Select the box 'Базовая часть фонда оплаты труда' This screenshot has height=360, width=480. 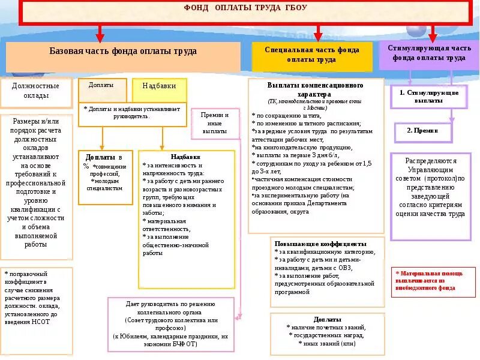(123, 52)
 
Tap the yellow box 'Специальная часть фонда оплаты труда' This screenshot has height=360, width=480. (311, 55)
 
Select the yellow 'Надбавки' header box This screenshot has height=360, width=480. (159, 86)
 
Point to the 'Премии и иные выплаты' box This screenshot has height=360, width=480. (215, 122)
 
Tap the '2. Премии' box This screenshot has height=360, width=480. (423, 130)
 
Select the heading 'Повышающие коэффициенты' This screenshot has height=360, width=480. (320, 244)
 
